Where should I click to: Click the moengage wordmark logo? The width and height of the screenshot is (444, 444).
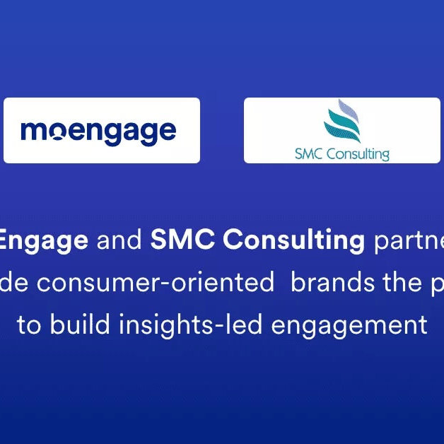pos(98,132)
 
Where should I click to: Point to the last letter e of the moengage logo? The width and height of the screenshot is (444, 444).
pos(167,132)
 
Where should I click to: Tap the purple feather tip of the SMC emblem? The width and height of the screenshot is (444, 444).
pos(345,107)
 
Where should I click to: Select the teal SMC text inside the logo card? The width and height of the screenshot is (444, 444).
pos(309,153)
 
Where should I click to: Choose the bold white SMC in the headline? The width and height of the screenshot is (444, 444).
pos(177,241)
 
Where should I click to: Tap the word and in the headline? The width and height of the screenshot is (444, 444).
pos(119,241)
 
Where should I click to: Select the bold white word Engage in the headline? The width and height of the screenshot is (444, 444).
pos(44,241)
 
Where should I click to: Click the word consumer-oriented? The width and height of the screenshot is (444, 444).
pos(165,283)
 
